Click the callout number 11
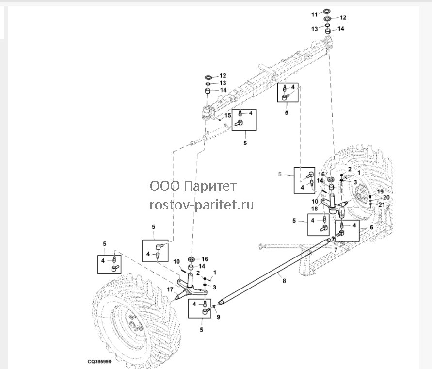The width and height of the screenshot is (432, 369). point(314,15)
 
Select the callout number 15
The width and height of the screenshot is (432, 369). point(227,115)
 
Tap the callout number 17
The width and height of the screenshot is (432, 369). point(170,289)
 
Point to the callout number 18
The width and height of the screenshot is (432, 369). point(314,209)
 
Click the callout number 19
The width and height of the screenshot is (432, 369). point(380,192)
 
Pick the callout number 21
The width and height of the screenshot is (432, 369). point(381,205)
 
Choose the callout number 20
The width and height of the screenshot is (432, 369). point(386,197)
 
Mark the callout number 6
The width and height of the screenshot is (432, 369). point(371,227)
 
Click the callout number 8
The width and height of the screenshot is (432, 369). point(284,281)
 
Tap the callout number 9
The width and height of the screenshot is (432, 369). point(219,317)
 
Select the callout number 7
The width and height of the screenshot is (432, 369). point(336,250)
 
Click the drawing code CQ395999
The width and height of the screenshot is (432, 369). point(99,362)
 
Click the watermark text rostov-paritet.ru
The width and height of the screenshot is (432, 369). point(202,205)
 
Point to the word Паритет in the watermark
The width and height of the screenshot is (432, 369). point(210,186)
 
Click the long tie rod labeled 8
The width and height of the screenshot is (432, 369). point(275,271)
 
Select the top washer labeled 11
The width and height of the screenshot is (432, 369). point(327,11)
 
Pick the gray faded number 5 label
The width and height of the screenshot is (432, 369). point(280,174)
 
